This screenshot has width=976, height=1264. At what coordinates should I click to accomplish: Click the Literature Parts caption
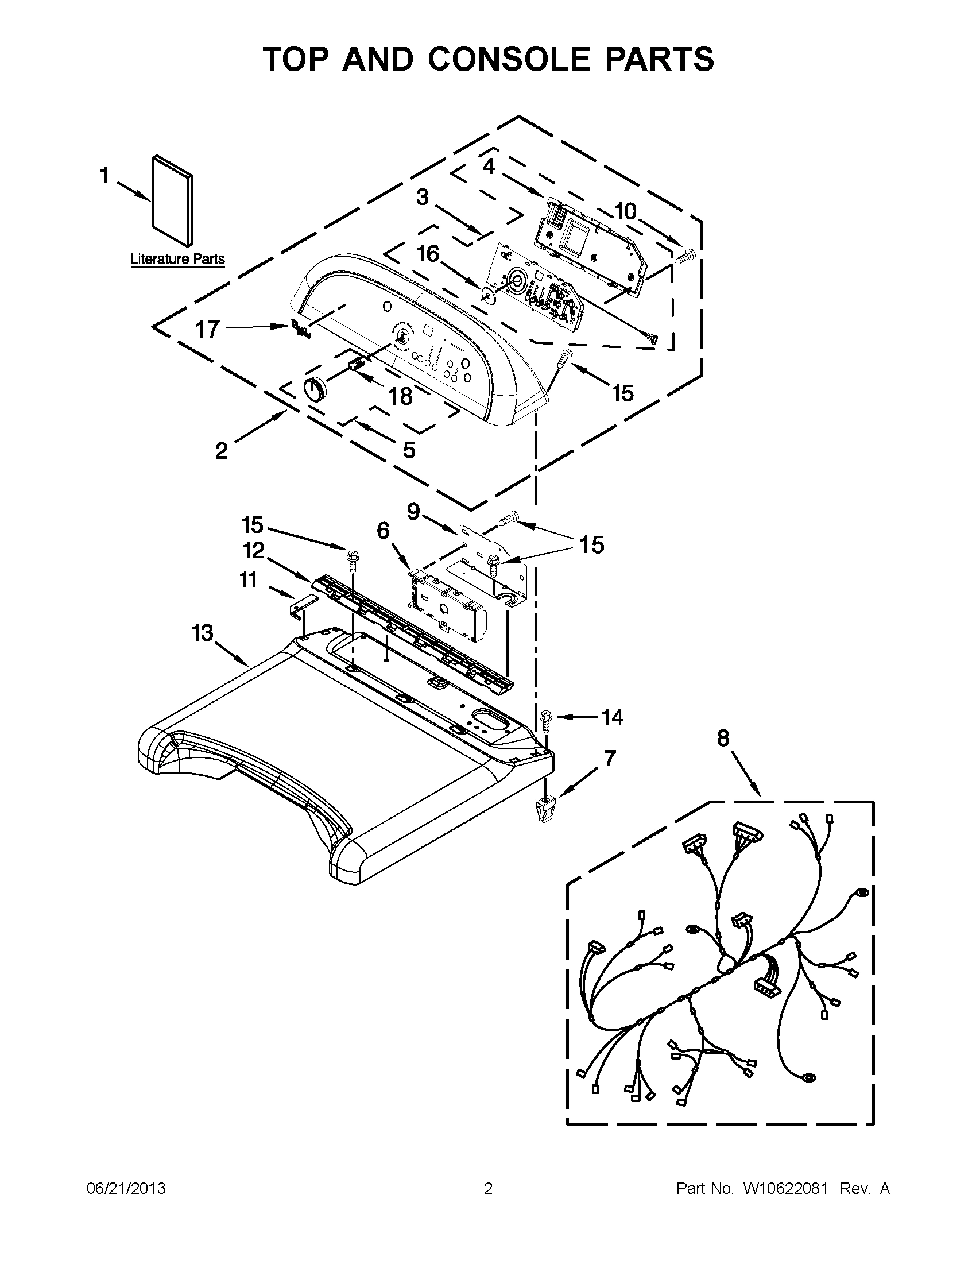coord(177,258)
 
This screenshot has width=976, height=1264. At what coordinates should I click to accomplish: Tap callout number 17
coord(207,329)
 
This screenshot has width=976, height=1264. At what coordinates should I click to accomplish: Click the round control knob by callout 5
coord(315,388)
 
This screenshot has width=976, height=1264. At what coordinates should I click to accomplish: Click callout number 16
coord(428,253)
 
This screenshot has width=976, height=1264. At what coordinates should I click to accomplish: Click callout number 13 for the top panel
coord(203,633)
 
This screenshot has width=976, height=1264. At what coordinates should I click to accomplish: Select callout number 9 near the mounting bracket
coord(413,512)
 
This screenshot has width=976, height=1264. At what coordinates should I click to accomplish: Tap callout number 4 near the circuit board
coord(489,167)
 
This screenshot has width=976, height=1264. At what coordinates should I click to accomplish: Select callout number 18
coord(400,396)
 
